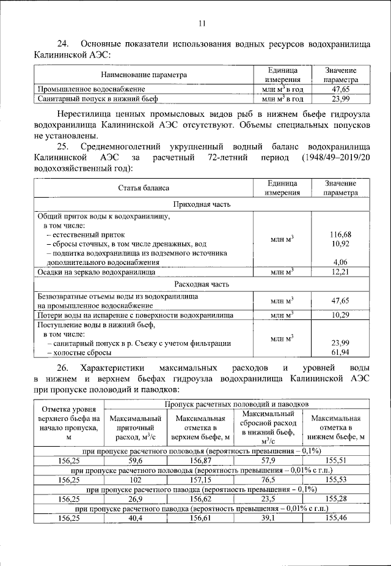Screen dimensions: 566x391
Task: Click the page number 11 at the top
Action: [x=203, y=24]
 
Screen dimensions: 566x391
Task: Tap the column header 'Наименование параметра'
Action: [x=144, y=75]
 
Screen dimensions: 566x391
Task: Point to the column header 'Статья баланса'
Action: [x=144, y=188]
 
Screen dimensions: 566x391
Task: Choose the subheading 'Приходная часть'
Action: [x=202, y=204]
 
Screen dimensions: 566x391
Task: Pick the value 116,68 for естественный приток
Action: [x=340, y=235]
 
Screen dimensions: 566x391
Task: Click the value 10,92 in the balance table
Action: [x=340, y=244]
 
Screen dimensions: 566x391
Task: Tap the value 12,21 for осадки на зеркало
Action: [x=340, y=272]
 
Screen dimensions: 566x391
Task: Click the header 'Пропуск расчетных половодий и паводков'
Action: [x=237, y=404]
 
